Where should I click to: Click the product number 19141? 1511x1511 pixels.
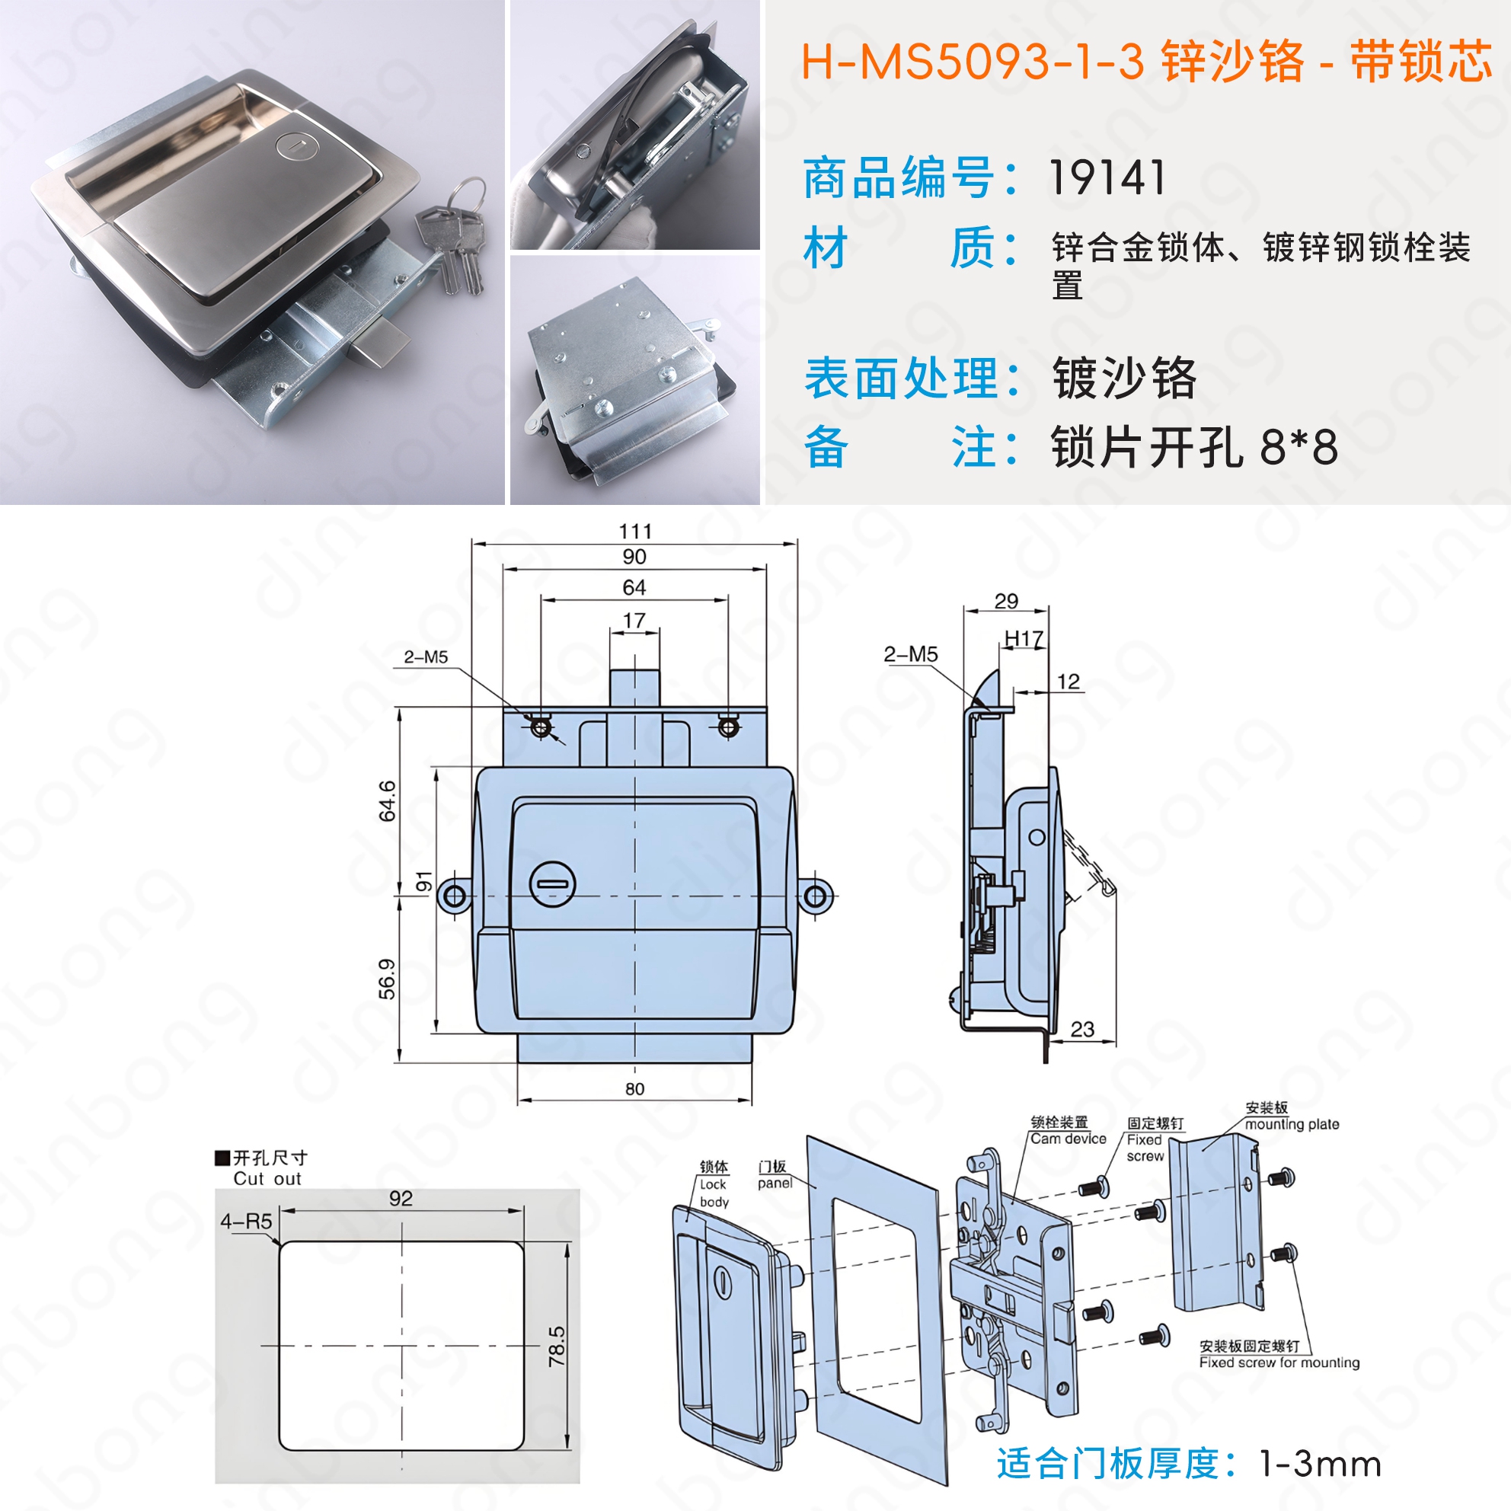pos(1107,177)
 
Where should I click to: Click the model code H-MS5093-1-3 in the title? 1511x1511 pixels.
pos(973,61)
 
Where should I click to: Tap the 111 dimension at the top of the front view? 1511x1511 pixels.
pos(634,531)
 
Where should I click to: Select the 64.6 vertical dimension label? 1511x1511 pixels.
pos(387,801)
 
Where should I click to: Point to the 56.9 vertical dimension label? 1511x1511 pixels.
pos(387,979)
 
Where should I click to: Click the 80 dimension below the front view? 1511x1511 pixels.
pos(634,1088)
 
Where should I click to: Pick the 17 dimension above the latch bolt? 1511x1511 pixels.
pos(634,620)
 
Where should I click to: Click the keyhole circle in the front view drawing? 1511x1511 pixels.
pos(553,884)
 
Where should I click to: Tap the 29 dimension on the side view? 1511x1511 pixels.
pos(1006,601)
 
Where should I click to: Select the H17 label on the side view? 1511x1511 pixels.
pos(1024,639)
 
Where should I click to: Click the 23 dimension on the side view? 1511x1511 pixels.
pos(1082,1029)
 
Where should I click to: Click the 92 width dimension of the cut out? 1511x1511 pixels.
pos(401,1198)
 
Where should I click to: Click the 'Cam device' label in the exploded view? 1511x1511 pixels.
pos(1069,1139)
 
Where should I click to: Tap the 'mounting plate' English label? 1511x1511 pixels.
pos(1292,1124)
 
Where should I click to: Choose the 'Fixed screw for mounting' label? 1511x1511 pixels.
pos(1279,1362)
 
